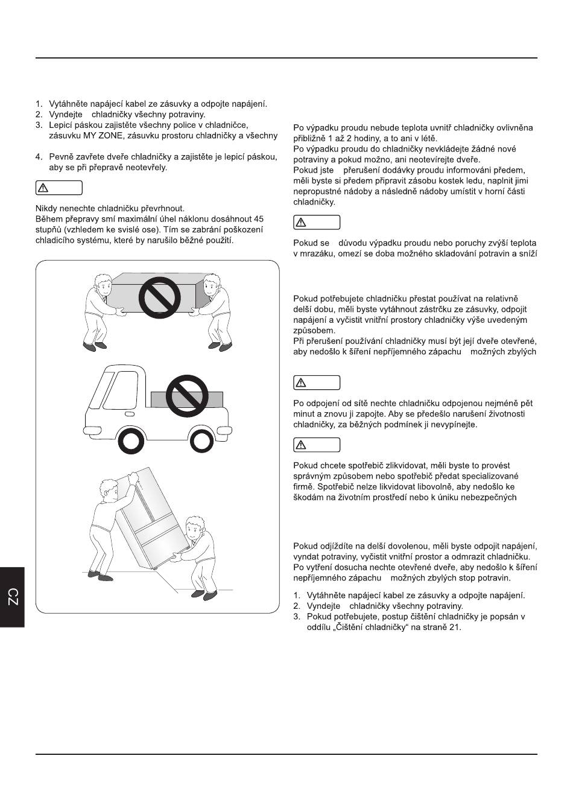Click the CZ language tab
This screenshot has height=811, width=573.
pos(12,597)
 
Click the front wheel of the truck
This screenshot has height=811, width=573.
pos(131,442)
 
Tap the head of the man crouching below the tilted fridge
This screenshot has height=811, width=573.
pos(194,527)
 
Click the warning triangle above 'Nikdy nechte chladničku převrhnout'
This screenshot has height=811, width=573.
pos(44,188)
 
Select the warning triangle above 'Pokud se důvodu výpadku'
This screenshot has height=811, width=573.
pos(302,223)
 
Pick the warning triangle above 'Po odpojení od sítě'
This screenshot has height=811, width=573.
pos(302,383)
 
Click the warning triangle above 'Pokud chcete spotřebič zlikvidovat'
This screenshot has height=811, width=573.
pos(302,445)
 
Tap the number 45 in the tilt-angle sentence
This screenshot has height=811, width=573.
pos(258,219)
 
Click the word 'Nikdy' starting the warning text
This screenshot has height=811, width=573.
pos(46,208)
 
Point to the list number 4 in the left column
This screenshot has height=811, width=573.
pos(39,157)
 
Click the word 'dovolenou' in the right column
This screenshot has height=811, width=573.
pos(411,546)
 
